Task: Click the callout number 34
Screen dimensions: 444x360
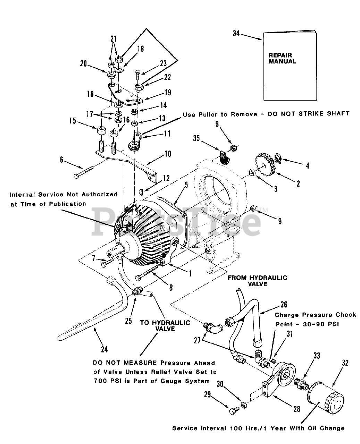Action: coord(236,34)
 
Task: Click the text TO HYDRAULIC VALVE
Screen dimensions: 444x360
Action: coord(165,325)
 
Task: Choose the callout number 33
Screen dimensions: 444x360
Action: coord(317,356)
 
